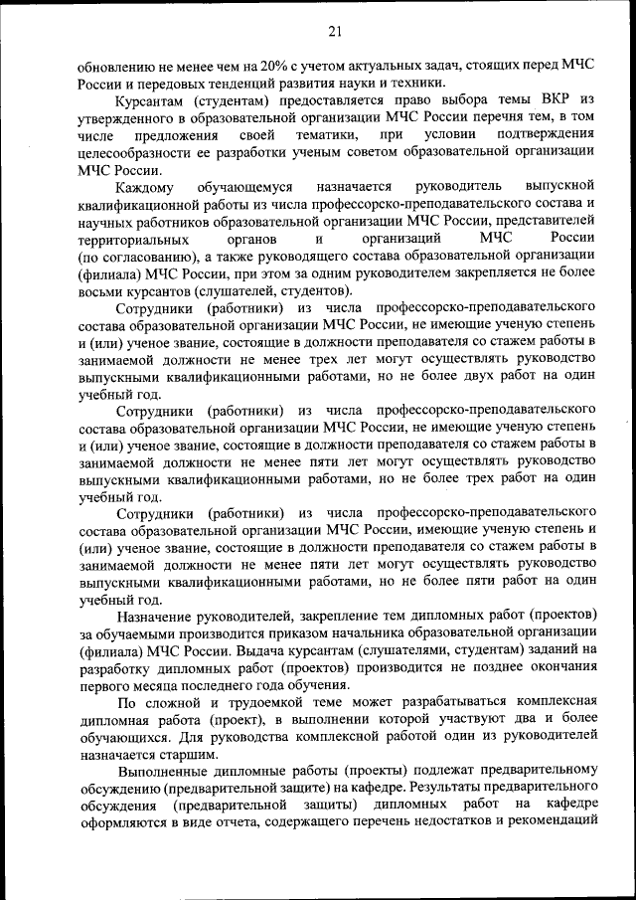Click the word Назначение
pyautogui.click(x=162, y=616)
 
